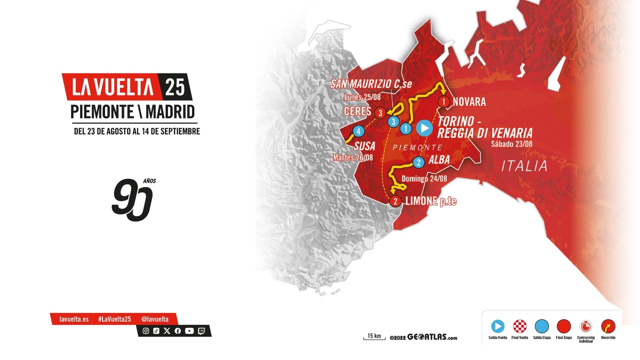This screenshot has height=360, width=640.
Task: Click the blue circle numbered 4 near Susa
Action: [358, 131]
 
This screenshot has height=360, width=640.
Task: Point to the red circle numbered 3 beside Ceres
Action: [380, 112]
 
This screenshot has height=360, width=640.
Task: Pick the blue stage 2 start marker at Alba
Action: [418, 162]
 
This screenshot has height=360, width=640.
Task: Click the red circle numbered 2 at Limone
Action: [395, 201]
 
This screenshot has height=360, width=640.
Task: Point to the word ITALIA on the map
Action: [524, 166]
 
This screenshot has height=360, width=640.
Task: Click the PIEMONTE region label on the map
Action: [417, 147]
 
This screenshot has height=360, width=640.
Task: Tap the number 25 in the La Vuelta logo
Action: [175, 87]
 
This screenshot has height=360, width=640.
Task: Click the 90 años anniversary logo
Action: [132, 199]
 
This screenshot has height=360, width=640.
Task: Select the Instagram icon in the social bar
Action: [146, 330]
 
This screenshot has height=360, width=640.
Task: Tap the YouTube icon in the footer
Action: [189, 330]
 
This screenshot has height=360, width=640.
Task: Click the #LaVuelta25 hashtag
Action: [114, 319]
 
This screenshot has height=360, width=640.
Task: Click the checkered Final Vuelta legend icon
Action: [520, 326]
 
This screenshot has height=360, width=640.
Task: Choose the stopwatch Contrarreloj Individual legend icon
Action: [585, 326]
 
